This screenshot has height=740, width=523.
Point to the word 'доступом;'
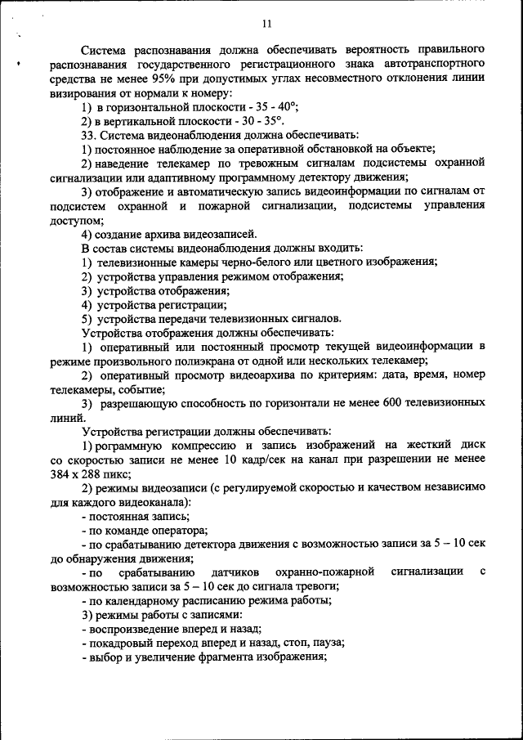pos(77,220)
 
